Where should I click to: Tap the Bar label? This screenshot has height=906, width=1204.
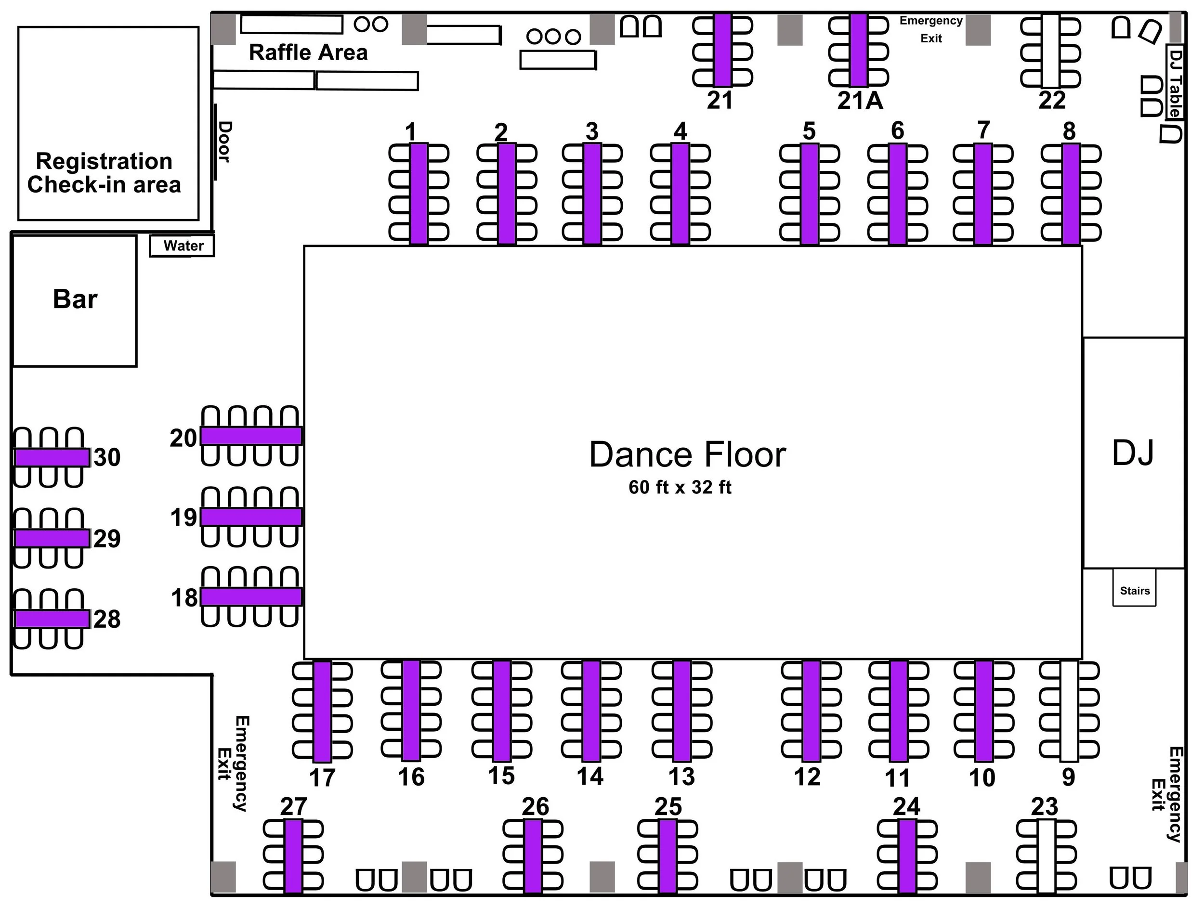coord(75,299)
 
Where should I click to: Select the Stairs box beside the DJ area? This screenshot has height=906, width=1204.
coord(1134,590)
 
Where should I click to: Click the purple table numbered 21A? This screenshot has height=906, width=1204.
coord(858,50)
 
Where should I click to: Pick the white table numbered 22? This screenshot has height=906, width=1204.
coord(1050,50)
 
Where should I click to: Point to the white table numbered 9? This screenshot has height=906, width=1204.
coord(1069,711)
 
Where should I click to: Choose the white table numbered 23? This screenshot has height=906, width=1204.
coord(1046,856)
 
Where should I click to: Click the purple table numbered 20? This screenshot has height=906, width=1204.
coord(251,436)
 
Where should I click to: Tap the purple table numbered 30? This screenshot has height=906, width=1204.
coord(52,457)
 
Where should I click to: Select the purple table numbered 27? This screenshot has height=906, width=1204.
coord(293,856)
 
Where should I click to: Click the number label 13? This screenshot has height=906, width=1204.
coord(681,777)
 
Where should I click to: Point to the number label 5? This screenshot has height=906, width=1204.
coord(810,131)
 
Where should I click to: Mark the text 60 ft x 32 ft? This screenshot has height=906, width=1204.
coord(680,487)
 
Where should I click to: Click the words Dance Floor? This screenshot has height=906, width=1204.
coord(687,454)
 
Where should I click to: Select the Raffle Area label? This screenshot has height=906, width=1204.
coord(308,52)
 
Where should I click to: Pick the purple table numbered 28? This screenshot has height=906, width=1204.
coord(52,619)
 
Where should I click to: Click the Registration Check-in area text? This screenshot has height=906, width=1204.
coord(104,172)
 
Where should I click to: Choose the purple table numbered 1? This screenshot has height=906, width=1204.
coord(419,193)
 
